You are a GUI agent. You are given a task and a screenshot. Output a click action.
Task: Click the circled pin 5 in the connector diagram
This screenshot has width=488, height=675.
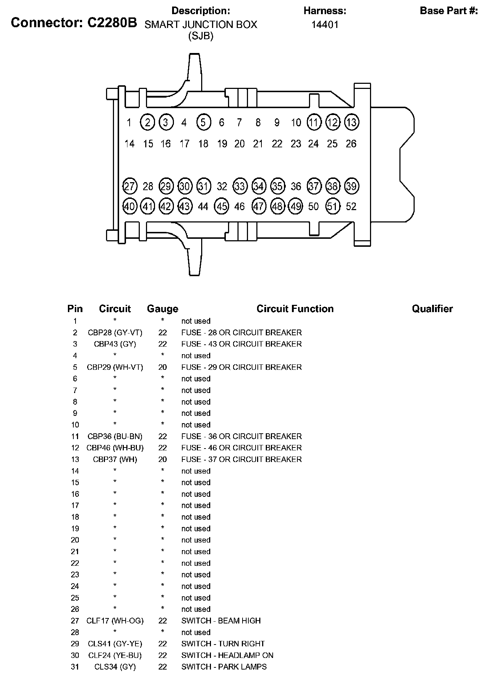(x=203, y=122)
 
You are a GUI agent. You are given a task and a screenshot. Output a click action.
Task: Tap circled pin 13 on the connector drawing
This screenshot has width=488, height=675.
(x=351, y=122)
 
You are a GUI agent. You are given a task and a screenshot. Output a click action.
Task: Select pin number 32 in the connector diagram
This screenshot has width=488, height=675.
(x=222, y=187)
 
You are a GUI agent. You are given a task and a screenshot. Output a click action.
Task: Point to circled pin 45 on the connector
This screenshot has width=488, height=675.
(x=222, y=206)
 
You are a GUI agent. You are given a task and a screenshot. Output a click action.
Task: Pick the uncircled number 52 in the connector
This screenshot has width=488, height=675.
(x=351, y=206)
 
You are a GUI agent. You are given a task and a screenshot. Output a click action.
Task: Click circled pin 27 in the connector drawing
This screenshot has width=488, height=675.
(x=129, y=187)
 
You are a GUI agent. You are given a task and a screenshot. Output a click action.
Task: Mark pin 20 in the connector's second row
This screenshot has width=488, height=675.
(x=240, y=144)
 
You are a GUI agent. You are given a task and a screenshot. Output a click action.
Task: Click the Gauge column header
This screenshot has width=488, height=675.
(x=162, y=309)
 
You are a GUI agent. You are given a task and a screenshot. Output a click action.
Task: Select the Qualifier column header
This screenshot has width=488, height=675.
(x=432, y=309)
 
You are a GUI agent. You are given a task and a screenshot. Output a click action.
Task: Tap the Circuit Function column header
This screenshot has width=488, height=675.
(x=295, y=309)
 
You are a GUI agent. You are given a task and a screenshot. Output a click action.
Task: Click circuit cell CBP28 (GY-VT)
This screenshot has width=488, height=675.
(x=115, y=332)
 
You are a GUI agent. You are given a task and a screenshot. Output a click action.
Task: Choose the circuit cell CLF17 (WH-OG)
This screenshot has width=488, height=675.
(x=115, y=621)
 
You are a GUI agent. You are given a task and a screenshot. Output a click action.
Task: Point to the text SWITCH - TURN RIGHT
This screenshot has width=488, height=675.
(x=223, y=644)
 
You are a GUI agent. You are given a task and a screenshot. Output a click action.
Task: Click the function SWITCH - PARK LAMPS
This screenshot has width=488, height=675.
(x=224, y=667)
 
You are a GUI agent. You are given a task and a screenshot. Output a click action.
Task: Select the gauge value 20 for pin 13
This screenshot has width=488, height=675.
(x=162, y=459)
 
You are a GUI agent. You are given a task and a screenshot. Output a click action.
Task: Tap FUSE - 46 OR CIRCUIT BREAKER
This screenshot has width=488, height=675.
(x=241, y=448)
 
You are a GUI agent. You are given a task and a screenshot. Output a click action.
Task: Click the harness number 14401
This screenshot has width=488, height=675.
(x=325, y=25)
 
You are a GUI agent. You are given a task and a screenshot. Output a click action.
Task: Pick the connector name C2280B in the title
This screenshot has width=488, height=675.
(x=112, y=23)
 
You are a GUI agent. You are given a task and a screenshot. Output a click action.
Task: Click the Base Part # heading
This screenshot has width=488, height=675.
(x=449, y=11)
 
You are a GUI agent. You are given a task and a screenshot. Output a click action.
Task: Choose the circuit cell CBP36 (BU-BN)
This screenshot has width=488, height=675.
(x=115, y=436)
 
